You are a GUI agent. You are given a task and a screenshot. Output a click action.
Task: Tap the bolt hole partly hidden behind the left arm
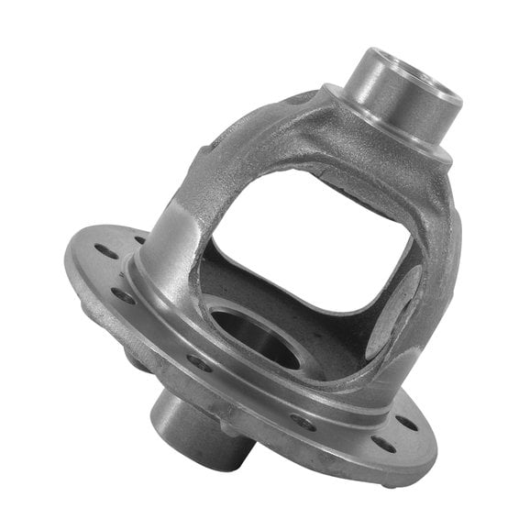tap(140, 240)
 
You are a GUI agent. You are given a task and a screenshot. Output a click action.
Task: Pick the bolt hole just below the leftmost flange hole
tap(122, 296)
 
